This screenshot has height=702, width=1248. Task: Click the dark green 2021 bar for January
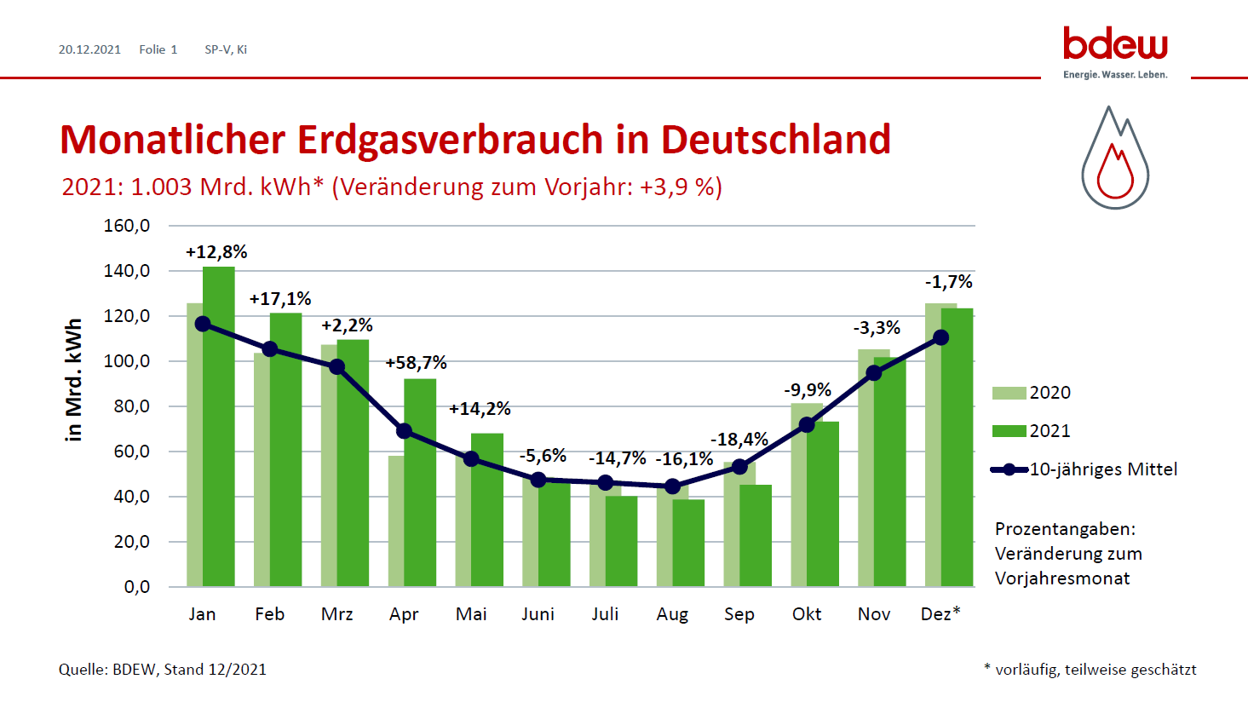(x=219, y=426)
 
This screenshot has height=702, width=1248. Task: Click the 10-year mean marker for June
(x=538, y=480)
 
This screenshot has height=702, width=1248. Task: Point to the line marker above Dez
(x=940, y=337)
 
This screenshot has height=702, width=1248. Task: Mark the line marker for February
(x=270, y=349)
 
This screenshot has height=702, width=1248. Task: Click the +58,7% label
(x=416, y=363)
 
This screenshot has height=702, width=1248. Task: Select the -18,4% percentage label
(x=739, y=440)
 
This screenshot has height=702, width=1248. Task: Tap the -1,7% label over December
(x=948, y=282)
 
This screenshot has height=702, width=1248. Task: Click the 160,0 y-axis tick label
(x=127, y=226)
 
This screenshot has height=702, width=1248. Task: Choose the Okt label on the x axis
(x=807, y=614)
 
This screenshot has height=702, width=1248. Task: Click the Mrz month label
(x=336, y=614)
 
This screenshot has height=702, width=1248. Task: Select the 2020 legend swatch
(x=1009, y=393)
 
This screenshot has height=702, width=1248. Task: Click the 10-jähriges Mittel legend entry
(x=1103, y=469)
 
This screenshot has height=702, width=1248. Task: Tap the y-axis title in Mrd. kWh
(x=74, y=380)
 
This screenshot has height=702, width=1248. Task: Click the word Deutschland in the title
(x=775, y=140)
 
